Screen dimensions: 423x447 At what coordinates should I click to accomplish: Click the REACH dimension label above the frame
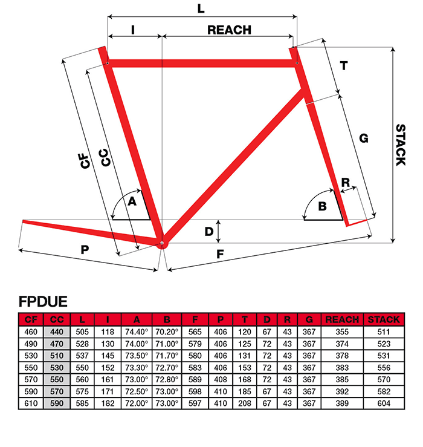coord(229,30)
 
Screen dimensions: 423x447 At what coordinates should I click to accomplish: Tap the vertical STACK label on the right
coord(401,145)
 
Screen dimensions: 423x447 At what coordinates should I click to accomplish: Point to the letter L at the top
coord(201,8)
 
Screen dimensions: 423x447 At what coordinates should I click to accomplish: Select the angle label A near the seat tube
coord(132,201)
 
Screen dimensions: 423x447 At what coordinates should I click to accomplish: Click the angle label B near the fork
coord(322,206)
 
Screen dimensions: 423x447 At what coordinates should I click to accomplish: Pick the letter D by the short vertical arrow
coord(209,232)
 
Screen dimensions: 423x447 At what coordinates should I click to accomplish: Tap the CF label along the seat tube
coord(85,161)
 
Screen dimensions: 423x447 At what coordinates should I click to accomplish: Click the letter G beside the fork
coord(364,139)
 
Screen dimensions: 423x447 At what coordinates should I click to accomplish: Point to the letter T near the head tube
coord(344,66)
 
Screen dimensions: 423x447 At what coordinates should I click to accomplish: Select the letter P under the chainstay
coord(85,250)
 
